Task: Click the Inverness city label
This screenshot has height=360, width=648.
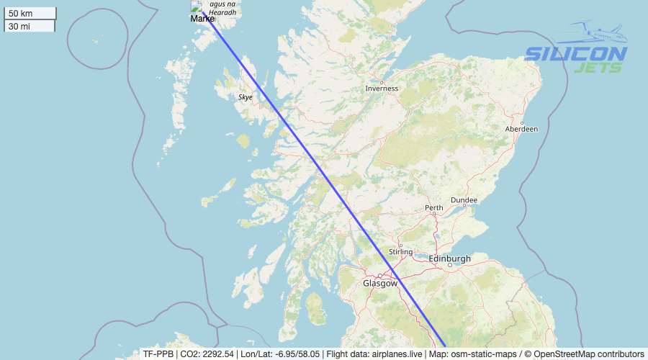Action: [382, 89]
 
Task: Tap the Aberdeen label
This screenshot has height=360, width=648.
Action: [522, 129]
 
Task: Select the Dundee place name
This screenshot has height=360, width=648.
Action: [464, 199]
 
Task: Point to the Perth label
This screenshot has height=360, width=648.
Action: [434, 208]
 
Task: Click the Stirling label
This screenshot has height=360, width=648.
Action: [400, 252]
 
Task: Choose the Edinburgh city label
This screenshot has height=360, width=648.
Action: [449, 258]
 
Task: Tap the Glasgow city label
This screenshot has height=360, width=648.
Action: [379, 283]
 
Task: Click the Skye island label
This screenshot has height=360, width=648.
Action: [246, 96]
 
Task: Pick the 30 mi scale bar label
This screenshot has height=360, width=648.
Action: [19, 26]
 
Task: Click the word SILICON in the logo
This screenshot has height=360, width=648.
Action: [575, 54]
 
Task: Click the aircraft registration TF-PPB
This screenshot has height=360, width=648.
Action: [158, 354]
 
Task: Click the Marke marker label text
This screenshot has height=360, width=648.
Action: [202, 19]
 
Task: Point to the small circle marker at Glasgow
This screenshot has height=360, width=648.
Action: [380, 276]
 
